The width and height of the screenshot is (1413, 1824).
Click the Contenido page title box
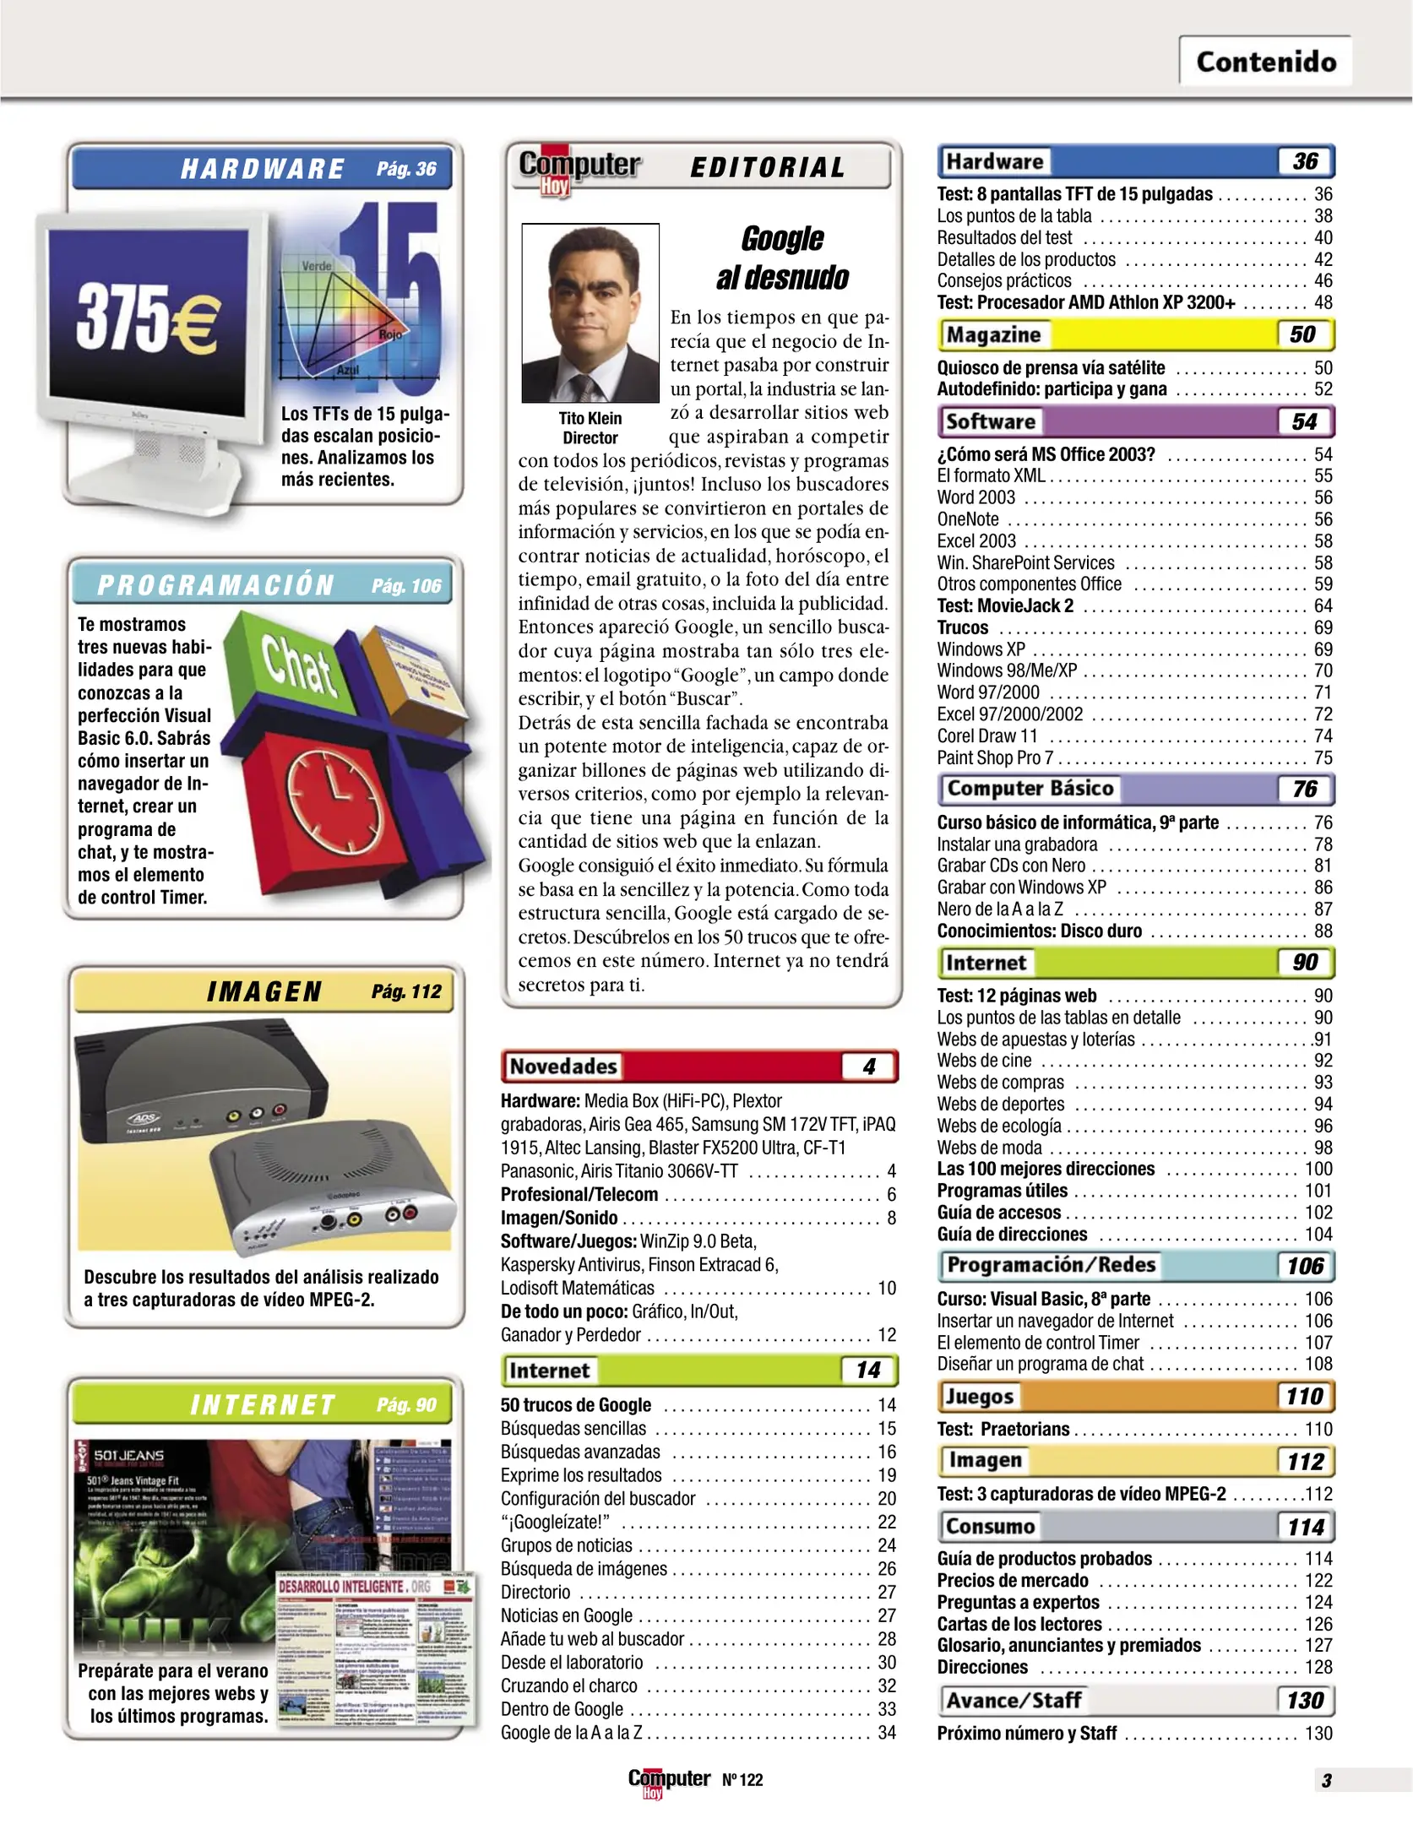point(1264,62)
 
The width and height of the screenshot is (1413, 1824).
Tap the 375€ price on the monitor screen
point(148,318)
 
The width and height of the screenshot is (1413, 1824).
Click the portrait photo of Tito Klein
point(590,312)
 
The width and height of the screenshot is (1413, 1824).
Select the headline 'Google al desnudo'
point(782,258)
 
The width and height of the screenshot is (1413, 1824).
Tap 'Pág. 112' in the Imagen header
point(406,991)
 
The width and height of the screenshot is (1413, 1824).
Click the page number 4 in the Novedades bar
point(868,1067)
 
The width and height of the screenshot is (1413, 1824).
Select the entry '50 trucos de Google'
point(576,1405)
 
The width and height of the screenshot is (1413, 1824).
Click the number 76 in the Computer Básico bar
point(1304,789)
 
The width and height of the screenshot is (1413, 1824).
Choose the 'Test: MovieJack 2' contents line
point(1005,605)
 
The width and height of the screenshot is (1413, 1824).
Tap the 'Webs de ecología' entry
point(998,1126)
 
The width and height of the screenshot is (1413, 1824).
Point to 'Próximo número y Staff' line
point(1026,1733)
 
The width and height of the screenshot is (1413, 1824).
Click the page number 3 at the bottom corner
point(1326,1780)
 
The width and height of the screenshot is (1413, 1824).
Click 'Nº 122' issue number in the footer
point(742,1780)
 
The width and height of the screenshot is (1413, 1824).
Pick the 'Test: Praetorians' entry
point(1003,1429)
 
